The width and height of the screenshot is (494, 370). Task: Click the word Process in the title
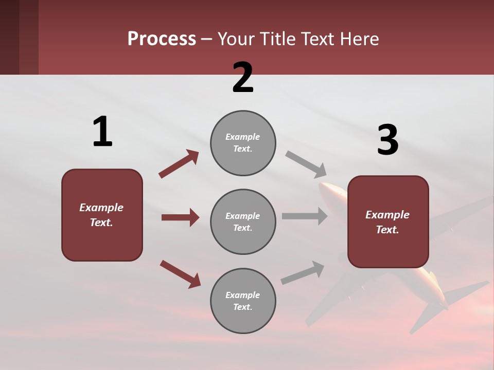click(x=162, y=39)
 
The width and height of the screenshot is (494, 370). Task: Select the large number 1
click(x=102, y=132)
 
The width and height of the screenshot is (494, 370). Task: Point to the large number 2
click(x=243, y=78)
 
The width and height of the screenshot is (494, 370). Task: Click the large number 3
click(x=387, y=140)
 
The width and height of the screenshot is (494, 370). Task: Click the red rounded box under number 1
click(x=102, y=215)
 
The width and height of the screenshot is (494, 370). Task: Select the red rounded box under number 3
click(x=388, y=221)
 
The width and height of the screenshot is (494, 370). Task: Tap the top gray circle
click(x=243, y=143)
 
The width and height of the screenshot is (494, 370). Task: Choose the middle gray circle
click(x=243, y=221)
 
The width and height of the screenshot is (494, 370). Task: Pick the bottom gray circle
click(x=243, y=301)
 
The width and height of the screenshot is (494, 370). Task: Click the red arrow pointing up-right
click(x=179, y=164)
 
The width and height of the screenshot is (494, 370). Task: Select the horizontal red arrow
click(x=180, y=217)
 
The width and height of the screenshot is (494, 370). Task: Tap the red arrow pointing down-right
click(x=180, y=274)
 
